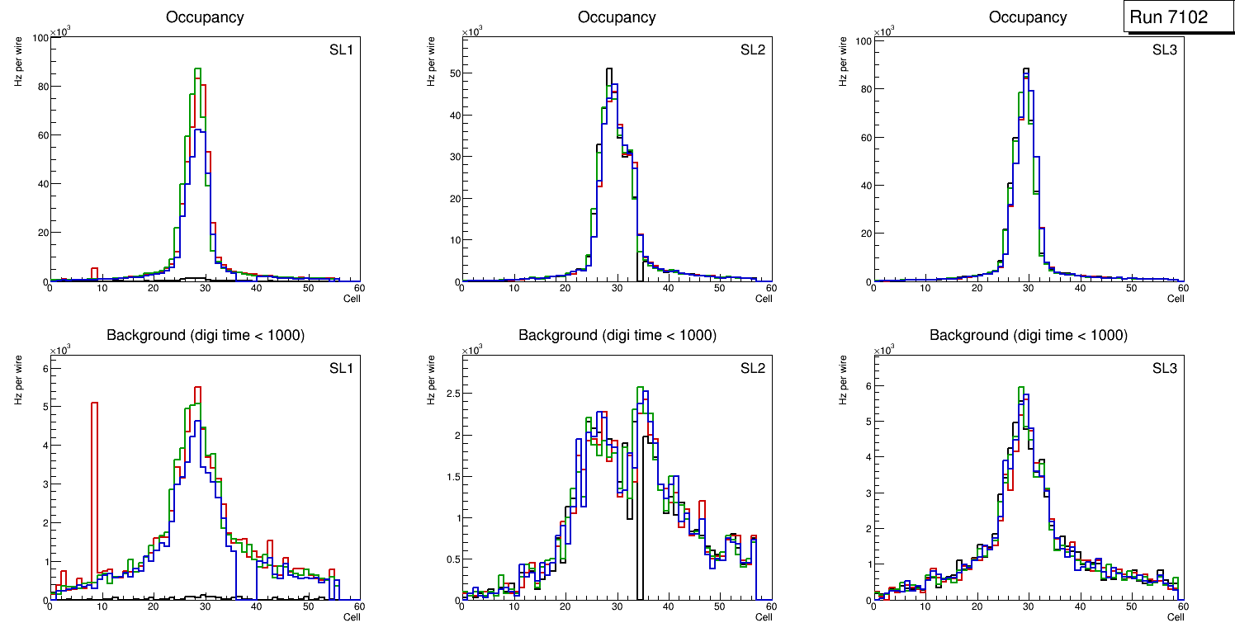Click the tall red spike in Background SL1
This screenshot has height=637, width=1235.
tap(95, 487)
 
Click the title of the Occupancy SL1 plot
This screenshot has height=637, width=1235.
tap(205, 17)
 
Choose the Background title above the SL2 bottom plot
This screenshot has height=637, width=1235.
tap(617, 335)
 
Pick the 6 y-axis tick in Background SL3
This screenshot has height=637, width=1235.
tap(866, 385)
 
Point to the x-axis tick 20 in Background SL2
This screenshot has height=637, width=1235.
tap(565, 606)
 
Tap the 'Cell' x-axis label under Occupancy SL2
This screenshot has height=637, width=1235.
tap(764, 299)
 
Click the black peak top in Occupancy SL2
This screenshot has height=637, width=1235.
tap(609, 69)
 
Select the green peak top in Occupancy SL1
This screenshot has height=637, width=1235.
tap(198, 69)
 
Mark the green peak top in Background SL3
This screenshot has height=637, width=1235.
tap(1021, 388)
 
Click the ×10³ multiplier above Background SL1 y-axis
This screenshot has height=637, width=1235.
tap(60, 351)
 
